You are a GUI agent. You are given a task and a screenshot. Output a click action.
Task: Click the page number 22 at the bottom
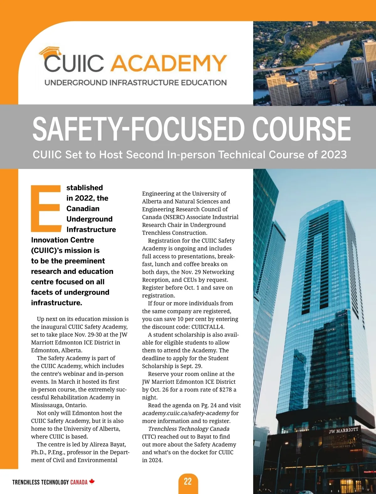(188, 481)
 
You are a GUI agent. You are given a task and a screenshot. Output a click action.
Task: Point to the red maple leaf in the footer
(92, 481)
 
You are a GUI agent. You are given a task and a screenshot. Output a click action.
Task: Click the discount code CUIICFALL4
(208, 327)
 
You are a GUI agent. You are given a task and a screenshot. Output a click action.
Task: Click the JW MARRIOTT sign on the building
(343, 430)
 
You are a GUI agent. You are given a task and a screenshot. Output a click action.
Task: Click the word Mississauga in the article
(47, 405)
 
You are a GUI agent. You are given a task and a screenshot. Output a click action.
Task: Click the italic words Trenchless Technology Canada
(189, 429)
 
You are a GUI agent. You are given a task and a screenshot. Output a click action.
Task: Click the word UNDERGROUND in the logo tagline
(76, 83)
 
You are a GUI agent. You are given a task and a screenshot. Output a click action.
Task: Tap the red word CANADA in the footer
(79, 482)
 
